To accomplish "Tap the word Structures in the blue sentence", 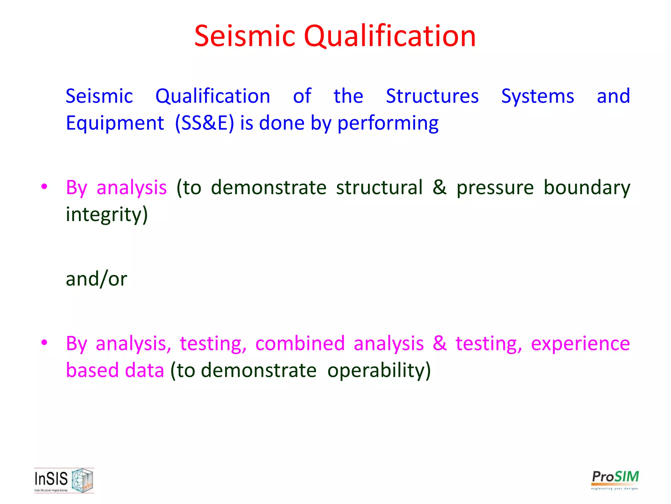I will click(x=432, y=96).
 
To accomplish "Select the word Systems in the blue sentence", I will click(x=537, y=96).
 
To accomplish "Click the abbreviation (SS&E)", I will click(x=204, y=123).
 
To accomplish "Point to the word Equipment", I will click(x=115, y=123).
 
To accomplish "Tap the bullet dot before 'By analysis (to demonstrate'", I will click(x=44, y=187).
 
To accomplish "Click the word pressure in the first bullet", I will click(x=495, y=188).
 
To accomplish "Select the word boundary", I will click(x=586, y=188).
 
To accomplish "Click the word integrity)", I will click(x=107, y=215).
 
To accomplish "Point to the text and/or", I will click(x=96, y=279).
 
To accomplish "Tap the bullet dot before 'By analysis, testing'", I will click(x=44, y=343).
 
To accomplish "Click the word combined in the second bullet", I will click(x=300, y=344).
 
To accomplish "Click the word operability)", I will click(x=379, y=371).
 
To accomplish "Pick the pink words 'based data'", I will click(x=115, y=370).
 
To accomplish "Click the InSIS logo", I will click(x=64, y=480).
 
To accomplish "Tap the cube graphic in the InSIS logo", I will click(x=82, y=480).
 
